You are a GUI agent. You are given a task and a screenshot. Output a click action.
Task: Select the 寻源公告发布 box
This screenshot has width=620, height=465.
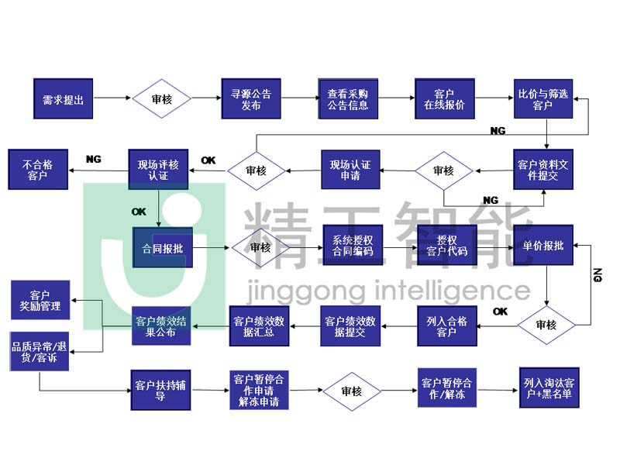(250, 98)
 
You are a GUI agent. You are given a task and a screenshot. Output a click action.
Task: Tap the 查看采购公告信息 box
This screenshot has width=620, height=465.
(348, 98)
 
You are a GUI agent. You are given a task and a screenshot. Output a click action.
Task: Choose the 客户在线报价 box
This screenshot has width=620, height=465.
(444, 98)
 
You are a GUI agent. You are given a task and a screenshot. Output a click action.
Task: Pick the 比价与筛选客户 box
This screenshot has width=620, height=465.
(542, 98)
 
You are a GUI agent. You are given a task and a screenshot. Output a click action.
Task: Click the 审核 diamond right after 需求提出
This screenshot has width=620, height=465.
(161, 98)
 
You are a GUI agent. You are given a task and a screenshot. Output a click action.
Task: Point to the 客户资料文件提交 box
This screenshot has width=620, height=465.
(542, 170)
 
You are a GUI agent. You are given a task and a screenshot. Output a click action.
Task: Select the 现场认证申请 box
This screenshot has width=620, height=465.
(350, 170)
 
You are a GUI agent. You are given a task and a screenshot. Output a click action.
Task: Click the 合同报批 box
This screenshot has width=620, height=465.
(162, 248)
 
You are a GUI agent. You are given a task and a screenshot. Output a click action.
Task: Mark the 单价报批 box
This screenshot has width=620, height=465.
(543, 246)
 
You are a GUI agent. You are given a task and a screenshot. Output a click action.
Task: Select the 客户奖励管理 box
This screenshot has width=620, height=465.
(40, 301)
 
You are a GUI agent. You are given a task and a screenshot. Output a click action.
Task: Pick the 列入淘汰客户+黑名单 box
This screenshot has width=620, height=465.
(547, 389)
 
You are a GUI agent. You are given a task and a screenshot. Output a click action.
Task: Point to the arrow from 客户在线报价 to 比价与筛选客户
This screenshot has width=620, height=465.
(493, 98)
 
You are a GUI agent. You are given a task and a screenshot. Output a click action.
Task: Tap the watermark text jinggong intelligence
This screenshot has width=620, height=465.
(387, 291)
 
